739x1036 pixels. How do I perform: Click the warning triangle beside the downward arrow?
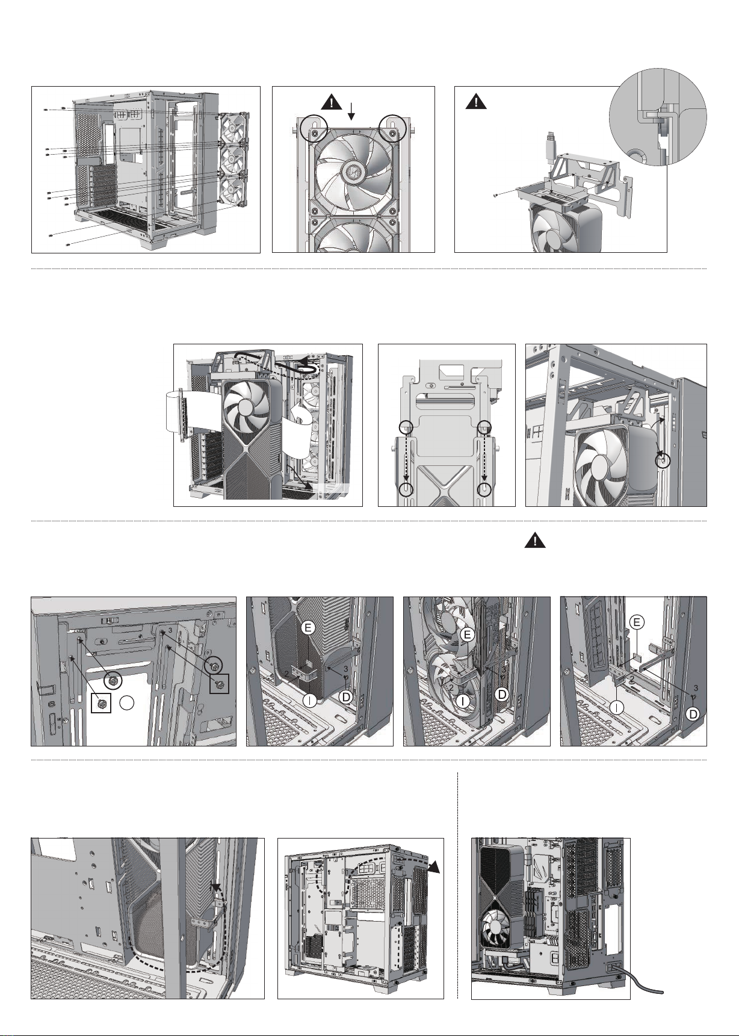(x=332, y=102)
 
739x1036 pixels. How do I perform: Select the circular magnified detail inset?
(x=657, y=116)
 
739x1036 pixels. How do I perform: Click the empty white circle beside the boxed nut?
(x=126, y=702)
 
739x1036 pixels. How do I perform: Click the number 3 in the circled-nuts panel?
(x=170, y=630)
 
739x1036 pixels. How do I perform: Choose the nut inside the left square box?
(x=101, y=701)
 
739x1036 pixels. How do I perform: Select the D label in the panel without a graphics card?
(x=692, y=714)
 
